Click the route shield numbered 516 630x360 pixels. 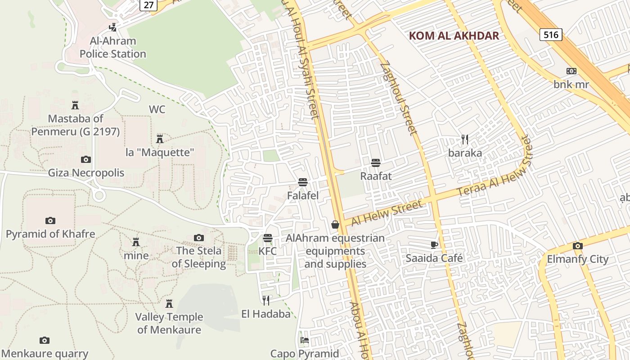click(551, 35)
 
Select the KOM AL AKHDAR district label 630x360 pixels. click(454, 36)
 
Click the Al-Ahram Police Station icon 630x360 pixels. click(113, 27)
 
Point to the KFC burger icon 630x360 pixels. click(268, 238)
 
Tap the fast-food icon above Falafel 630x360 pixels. click(303, 182)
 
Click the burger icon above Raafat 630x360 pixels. click(376, 162)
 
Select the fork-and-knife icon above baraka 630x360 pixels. click(465, 139)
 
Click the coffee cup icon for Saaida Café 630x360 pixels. click(434, 245)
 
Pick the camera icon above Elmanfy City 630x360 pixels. click(578, 246)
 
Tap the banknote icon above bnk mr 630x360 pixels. click(571, 71)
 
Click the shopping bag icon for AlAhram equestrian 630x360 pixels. click(335, 224)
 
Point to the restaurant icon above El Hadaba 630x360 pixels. click(266, 300)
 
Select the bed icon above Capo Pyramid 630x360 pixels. click(305, 340)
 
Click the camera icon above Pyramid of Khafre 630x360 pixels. click(50, 220)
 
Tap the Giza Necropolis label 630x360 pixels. click(86, 173)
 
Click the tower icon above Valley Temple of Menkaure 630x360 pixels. click(169, 304)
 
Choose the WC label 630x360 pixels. click(157, 109)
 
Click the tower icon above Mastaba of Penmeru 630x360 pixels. click(75, 105)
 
